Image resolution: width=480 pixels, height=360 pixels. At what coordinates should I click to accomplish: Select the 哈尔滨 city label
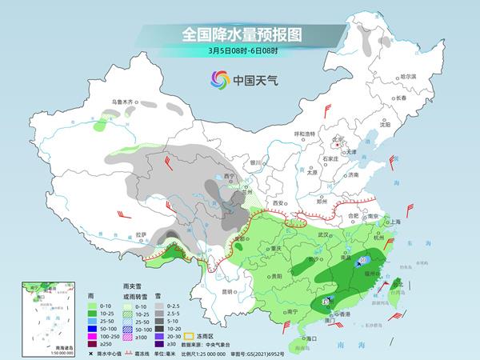click(409, 75)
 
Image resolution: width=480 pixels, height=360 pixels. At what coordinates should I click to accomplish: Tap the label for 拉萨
click(142, 234)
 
